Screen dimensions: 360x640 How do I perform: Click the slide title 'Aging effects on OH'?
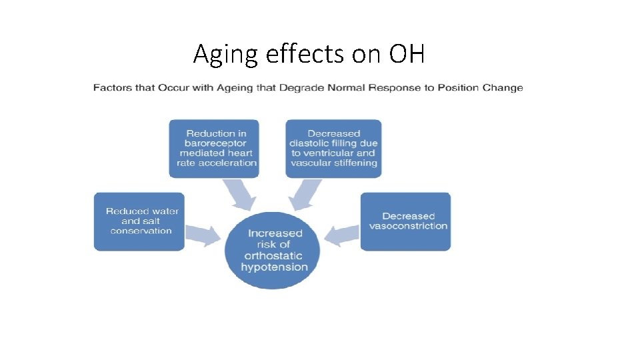pyautogui.click(x=309, y=54)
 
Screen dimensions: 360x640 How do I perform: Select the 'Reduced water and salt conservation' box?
pyautogui.click(x=139, y=221)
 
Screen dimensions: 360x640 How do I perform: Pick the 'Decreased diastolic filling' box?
pyautogui.click(x=333, y=148)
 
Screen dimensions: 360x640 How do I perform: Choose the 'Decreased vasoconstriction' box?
pyautogui.click(x=405, y=221)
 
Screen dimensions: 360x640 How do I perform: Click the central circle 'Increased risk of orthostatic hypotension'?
pyautogui.click(x=274, y=251)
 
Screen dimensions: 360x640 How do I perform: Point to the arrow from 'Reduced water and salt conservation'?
pyautogui.click(x=203, y=234)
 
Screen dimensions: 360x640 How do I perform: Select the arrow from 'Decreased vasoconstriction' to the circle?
pyautogui.click(x=342, y=234)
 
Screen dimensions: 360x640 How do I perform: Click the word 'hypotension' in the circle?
pyautogui.click(x=275, y=267)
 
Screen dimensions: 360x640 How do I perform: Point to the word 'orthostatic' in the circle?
pyautogui.click(x=274, y=256)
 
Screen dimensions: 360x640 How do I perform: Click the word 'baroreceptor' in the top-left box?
pyautogui.click(x=217, y=143)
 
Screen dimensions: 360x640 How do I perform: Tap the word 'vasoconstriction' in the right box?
pyautogui.click(x=408, y=226)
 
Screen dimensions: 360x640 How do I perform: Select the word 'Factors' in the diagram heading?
pyautogui.click(x=111, y=88)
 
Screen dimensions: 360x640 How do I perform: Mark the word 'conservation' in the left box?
pyautogui.click(x=141, y=231)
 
